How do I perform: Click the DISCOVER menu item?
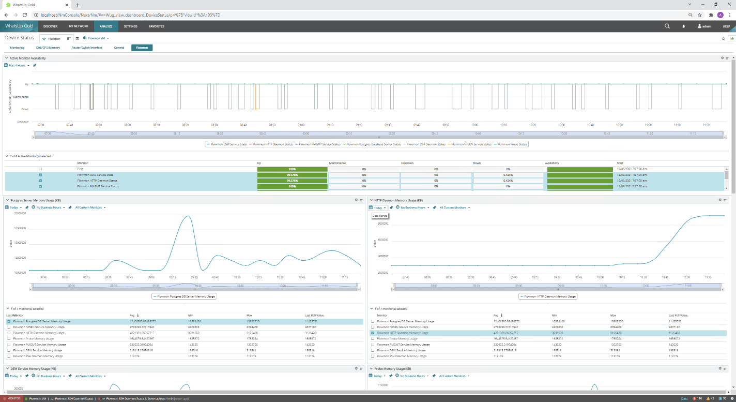point(50,26)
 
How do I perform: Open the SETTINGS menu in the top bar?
point(130,26)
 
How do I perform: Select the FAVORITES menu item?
point(156,26)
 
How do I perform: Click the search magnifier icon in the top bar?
point(667,26)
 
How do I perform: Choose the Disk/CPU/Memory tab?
point(48,48)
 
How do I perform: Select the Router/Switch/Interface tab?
point(87,48)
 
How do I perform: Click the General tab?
point(119,48)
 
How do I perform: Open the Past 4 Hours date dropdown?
point(18,65)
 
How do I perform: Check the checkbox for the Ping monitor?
point(41,169)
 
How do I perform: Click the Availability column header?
point(552,163)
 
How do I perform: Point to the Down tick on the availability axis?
point(25,109)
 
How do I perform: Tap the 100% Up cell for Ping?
point(292,169)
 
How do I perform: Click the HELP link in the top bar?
point(726,26)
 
